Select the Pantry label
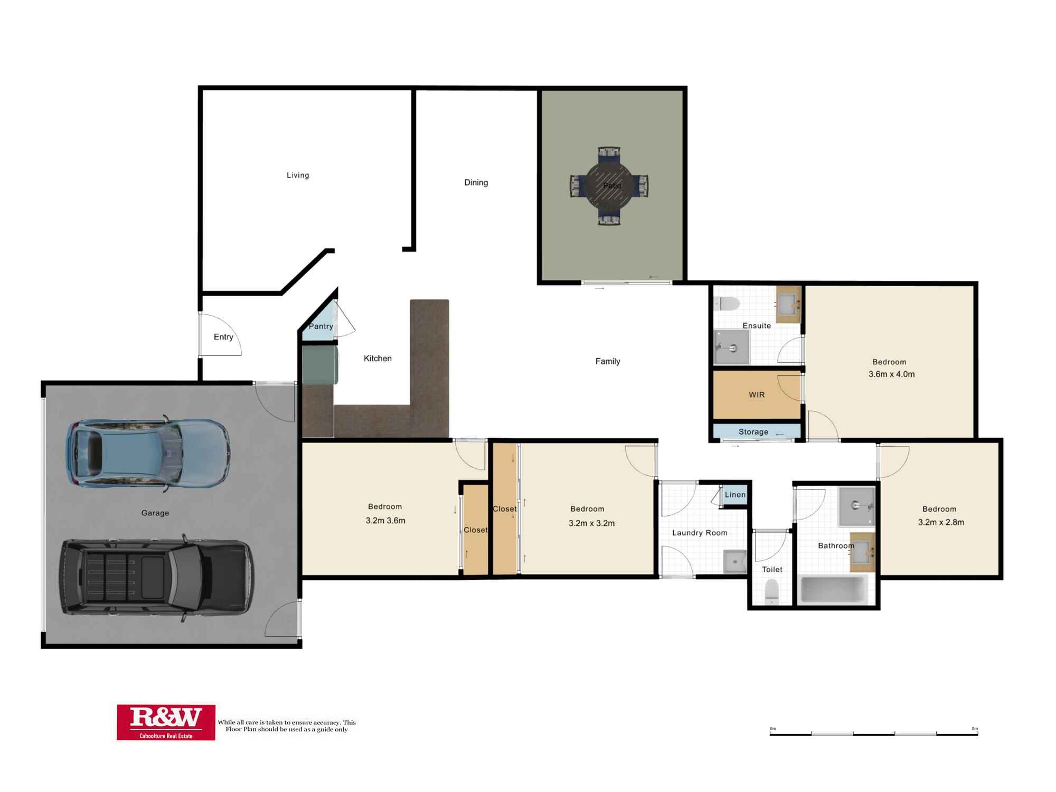coord(320,326)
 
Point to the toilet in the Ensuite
coord(727,304)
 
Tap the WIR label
coord(757,395)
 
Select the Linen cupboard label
coord(735,495)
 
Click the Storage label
coord(753,432)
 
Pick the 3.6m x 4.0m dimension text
coord(891,374)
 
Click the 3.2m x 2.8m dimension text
coord(941,522)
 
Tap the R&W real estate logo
coord(166,722)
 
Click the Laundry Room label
coord(700,533)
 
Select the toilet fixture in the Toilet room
coord(772,592)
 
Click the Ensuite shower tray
coord(732,347)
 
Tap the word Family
coord(608,361)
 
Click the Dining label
coord(476,183)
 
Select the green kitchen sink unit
coord(319,364)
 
